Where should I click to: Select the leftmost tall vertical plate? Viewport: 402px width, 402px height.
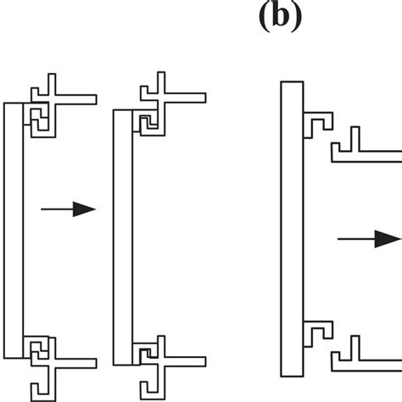tap(14, 229)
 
